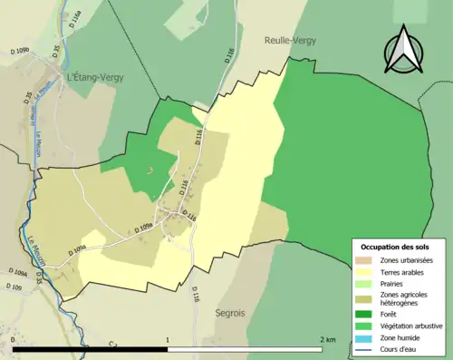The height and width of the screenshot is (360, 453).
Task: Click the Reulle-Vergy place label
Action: pos(289,40)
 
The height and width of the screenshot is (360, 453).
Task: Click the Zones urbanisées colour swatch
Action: pos(367,261)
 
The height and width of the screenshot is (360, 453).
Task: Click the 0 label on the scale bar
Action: pos(14,339)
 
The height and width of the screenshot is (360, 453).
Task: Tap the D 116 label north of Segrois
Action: pos(194,293)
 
